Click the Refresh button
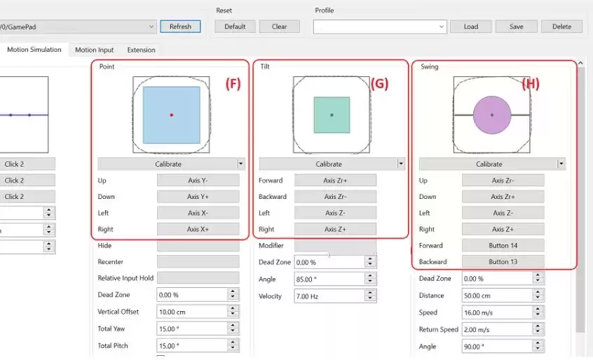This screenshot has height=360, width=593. (x=180, y=27)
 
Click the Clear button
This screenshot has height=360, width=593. (x=279, y=27)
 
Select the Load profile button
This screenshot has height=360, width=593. (x=470, y=27)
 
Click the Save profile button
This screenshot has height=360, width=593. (x=516, y=27)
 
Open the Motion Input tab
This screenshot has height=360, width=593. (x=94, y=50)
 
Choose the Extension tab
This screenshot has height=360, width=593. (x=140, y=50)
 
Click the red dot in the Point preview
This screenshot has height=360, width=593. (x=171, y=115)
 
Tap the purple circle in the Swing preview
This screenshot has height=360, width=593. (x=491, y=115)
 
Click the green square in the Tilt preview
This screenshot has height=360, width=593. (x=332, y=115)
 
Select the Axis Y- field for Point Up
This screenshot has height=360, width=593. (x=198, y=180)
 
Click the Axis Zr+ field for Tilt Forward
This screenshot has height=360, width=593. (x=335, y=180)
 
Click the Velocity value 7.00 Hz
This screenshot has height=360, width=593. (x=328, y=296)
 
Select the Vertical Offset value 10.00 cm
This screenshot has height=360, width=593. (x=191, y=312)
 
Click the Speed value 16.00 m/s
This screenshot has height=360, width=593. (x=493, y=312)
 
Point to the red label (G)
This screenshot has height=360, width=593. (x=379, y=84)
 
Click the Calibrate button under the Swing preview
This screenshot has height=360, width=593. (x=489, y=164)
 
